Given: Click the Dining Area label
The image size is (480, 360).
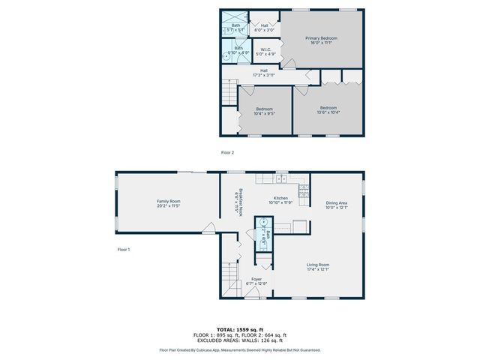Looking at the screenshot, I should click(x=336, y=205).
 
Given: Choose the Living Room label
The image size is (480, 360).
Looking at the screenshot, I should click(x=318, y=266).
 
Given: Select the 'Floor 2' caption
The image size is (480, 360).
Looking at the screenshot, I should click(x=227, y=152).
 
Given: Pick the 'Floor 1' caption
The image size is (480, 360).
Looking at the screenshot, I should click(x=124, y=249).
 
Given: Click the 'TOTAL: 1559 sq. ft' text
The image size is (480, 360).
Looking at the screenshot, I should click(x=240, y=329).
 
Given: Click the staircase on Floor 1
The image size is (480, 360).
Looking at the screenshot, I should click(x=229, y=280).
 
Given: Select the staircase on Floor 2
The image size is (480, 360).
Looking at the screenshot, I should click(x=229, y=94).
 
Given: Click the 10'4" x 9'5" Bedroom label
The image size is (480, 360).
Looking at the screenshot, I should click(x=263, y=110).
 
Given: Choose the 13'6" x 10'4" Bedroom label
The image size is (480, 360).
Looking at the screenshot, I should click(x=328, y=110).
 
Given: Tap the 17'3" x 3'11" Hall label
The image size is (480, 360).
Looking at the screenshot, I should click(x=263, y=73).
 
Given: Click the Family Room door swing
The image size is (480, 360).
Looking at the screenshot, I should click(x=211, y=229).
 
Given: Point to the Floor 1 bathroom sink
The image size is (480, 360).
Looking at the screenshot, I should click(x=262, y=223).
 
